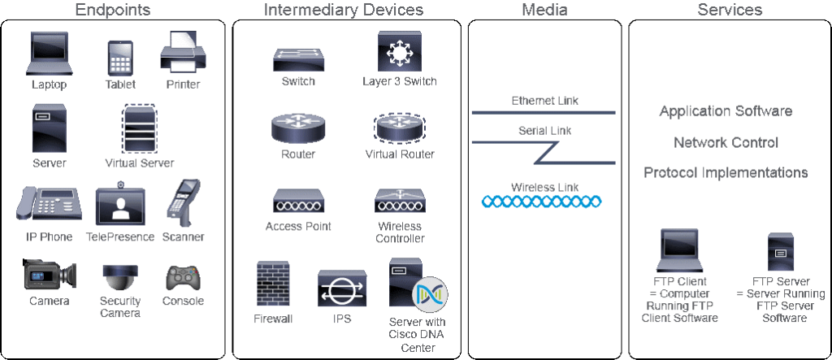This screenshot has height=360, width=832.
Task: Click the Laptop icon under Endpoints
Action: click(x=49, y=54)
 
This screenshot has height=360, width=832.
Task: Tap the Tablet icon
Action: click(x=119, y=58)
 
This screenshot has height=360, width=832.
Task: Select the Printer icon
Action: click(x=183, y=52)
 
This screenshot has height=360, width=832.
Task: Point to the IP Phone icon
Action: click(x=49, y=206)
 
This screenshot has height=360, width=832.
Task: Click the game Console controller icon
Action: click(x=183, y=279)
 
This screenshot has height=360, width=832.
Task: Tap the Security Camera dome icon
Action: click(x=119, y=277)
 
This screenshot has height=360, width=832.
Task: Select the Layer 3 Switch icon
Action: click(x=399, y=51)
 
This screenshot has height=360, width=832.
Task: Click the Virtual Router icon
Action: click(x=399, y=128)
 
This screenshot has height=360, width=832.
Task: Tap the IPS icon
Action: click(x=342, y=288)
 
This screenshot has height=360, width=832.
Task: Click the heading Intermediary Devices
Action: click(x=343, y=11)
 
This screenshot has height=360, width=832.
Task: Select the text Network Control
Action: click(x=726, y=142)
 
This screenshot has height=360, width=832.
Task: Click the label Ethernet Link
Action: click(x=544, y=101)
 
